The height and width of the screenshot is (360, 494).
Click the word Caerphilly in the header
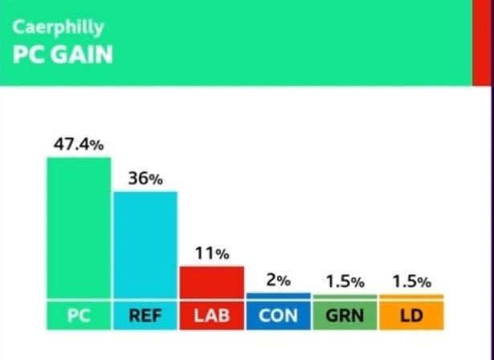coord(59,28)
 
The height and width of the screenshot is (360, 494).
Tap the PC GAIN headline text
coord(63,55)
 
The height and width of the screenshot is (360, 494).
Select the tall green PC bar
coord(79,228)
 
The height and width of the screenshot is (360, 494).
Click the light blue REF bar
coord(145,245)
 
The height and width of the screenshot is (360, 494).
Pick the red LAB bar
coord(212,282)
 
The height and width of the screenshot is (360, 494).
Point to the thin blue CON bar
coord(279,296)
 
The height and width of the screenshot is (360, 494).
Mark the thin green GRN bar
coord(345,297)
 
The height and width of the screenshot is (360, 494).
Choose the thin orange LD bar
coord(411,297)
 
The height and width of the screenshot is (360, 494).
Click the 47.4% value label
coord(79,145)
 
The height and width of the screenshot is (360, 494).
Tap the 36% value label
coord(145,178)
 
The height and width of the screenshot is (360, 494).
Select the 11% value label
coord(212,253)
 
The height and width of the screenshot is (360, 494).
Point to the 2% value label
coord(279,280)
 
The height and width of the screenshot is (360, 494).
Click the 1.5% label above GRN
coord(345,281)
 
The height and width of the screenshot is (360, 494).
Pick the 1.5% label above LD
coord(411,281)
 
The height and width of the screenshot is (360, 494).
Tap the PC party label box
coord(79,316)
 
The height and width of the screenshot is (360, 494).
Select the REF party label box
coord(145,316)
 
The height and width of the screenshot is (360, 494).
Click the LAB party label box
coord(212,316)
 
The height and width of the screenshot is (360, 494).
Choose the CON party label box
coord(279,316)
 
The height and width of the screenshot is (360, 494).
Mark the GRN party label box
coord(345,316)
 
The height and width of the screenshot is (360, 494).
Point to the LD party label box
coord(411,316)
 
